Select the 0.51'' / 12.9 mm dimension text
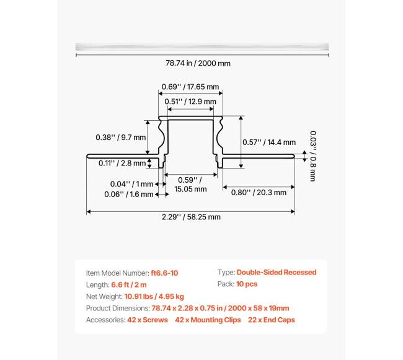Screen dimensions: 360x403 (x=190, y=101)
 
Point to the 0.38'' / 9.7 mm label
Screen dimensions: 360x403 (x=120, y=137)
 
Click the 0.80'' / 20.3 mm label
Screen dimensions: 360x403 (x=259, y=192)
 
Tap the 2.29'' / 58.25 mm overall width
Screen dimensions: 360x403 (x=191, y=217)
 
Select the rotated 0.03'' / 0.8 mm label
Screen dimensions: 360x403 (x=312, y=156)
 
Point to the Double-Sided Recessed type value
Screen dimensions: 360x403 (x=276, y=273)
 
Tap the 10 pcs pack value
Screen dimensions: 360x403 (x=247, y=284)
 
